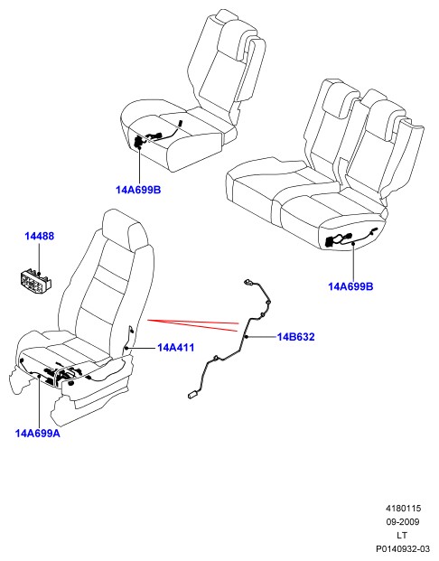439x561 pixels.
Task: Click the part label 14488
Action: point(40,236)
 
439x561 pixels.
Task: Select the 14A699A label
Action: point(38,434)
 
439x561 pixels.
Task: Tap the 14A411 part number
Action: point(175,348)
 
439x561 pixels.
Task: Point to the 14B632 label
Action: point(296,337)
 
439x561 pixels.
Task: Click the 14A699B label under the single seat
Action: point(138,190)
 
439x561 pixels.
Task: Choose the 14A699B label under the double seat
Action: point(350,286)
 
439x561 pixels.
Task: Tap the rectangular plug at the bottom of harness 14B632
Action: point(193,394)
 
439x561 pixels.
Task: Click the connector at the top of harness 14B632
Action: point(248,283)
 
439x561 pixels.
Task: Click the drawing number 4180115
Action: point(403,508)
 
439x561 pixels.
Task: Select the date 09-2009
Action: point(403,521)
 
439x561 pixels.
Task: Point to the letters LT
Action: point(402,535)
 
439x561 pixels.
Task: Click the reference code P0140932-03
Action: point(403,549)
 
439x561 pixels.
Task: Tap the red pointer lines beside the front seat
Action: point(193,325)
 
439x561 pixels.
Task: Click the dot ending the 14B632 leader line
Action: point(247,337)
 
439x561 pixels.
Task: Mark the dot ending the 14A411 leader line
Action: point(126,348)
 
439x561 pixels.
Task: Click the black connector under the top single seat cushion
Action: point(137,142)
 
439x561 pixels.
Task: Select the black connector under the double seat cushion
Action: point(330,242)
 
